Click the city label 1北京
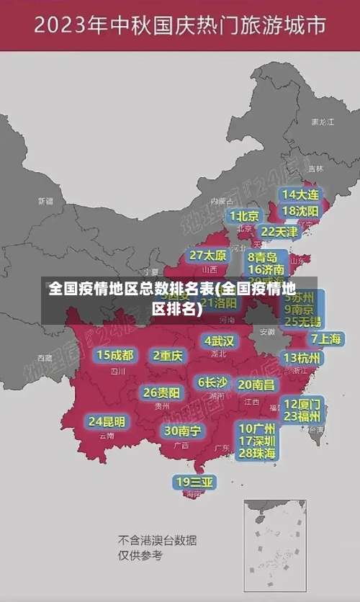(x=244, y=215)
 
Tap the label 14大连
(x=300, y=194)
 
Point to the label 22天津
(x=279, y=231)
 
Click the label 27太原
(x=208, y=255)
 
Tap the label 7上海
(x=326, y=338)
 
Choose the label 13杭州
(x=302, y=358)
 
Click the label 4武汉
(x=219, y=340)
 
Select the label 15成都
(x=115, y=354)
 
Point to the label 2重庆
(x=168, y=355)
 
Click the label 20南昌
(x=256, y=385)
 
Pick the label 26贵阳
(x=162, y=392)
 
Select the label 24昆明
(x=107, y=421)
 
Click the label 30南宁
(x=183, y=430)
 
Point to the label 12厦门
(x=302, y=403)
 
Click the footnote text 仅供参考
(x=140, y=555)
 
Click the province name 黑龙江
(x=322, y=122)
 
